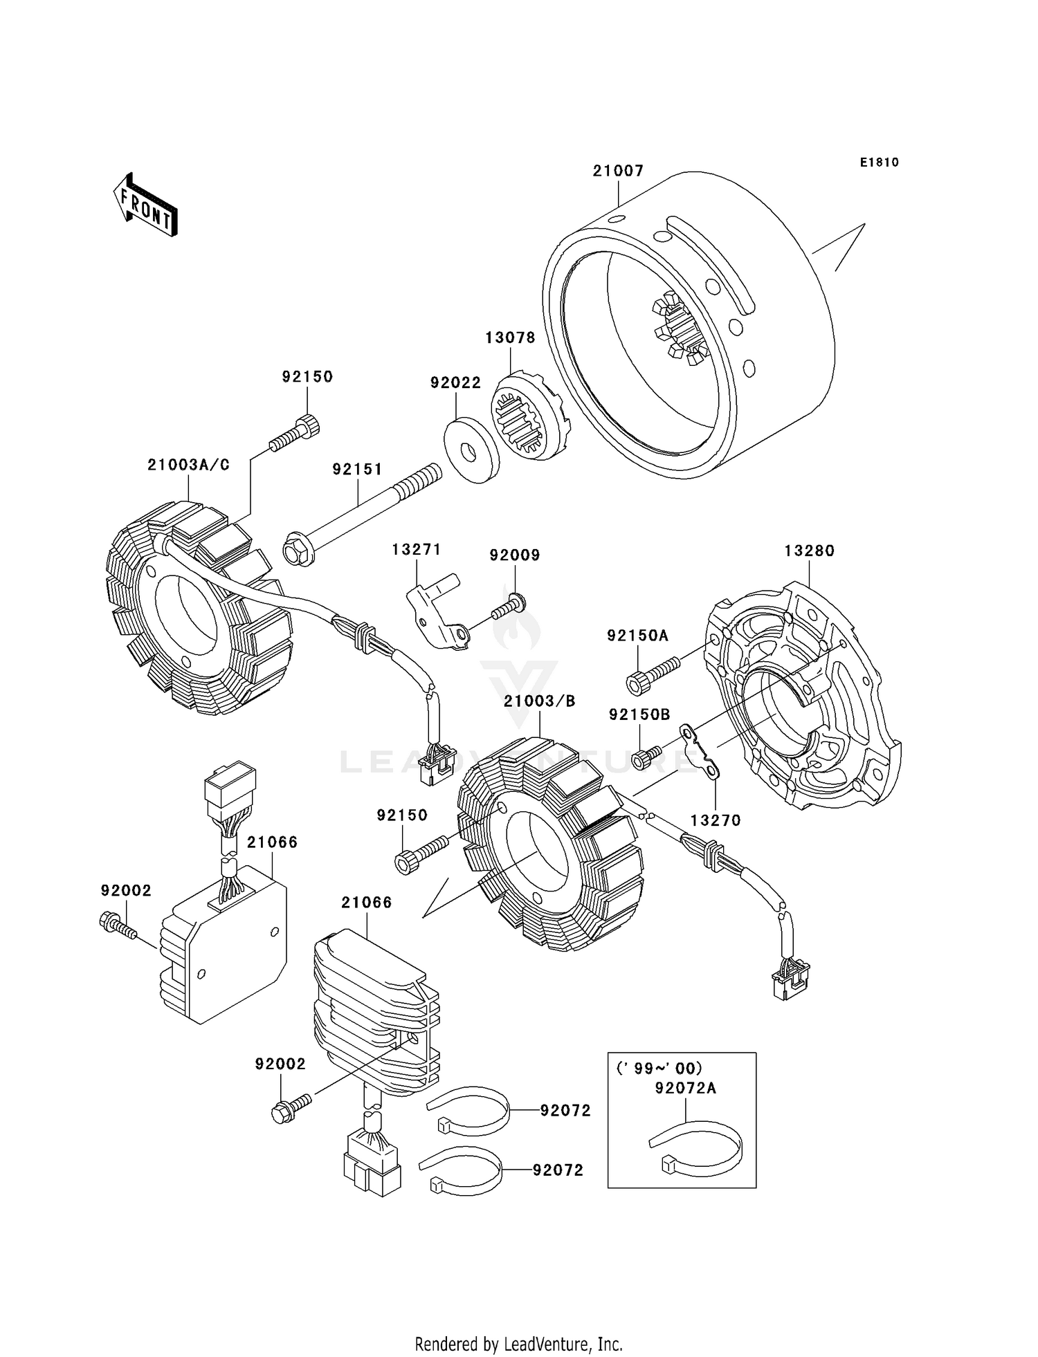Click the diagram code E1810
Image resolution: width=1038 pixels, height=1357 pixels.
point(880,163)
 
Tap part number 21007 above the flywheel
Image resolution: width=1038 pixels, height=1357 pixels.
point(618,171)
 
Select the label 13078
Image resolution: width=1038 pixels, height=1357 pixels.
point(510,338)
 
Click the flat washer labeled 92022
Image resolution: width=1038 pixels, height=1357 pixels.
point(471,450)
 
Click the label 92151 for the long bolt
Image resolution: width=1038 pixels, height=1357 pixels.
point(357,469)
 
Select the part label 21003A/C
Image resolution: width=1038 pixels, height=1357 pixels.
point(188,465)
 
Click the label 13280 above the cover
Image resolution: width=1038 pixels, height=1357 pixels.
point(809,551)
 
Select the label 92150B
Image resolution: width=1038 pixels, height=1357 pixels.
point(639,714)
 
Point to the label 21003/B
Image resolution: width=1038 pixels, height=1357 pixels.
point(539,701)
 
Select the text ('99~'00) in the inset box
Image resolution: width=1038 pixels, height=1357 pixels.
point(659,1068)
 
